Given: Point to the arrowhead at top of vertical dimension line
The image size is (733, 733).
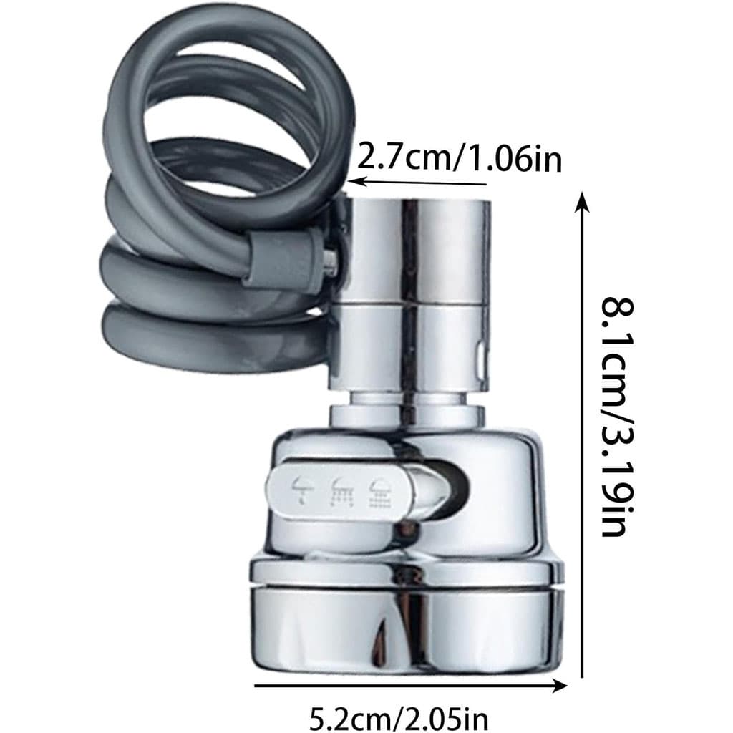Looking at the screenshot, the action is [582, 202].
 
